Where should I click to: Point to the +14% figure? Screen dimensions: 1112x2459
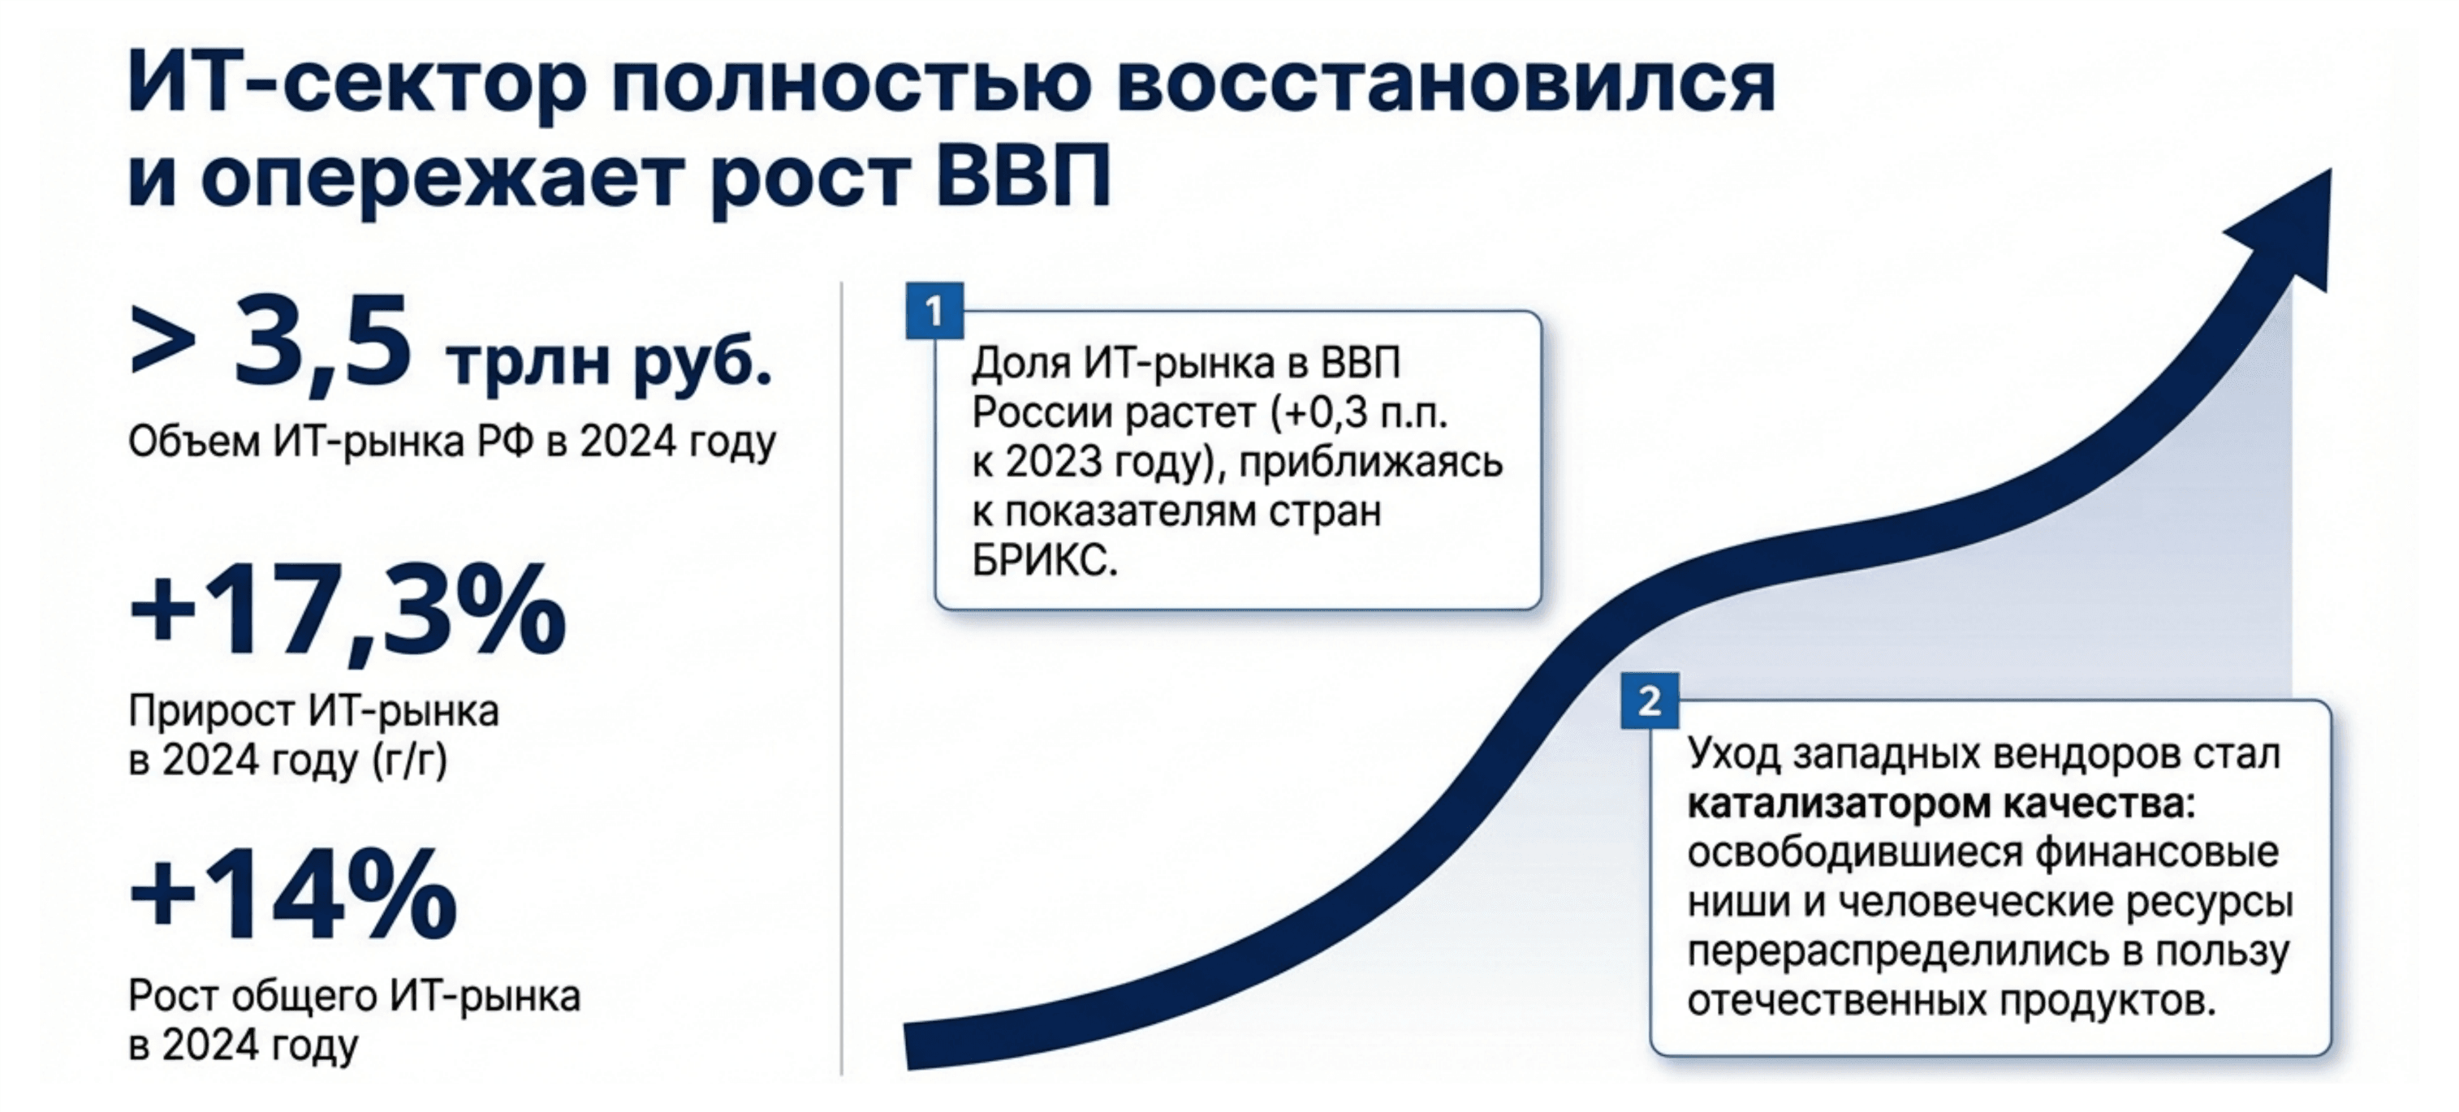coord(293,894)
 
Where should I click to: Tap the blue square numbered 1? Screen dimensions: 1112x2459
coord(934,311)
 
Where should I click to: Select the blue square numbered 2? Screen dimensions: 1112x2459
coord(1649,701)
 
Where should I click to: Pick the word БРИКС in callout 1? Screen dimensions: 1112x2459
coord(1044,561)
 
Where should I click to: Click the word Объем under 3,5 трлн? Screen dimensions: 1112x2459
coord(193,442)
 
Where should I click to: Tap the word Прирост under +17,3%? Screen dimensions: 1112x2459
coord(211,711)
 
